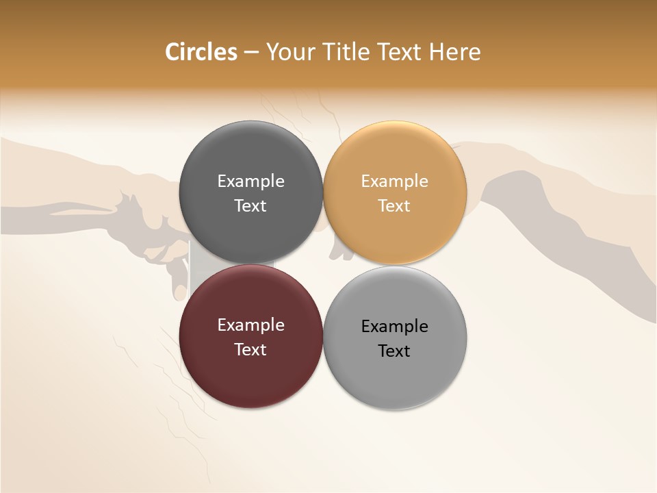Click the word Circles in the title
[x=201, y=52]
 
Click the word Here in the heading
[x=454, y=52]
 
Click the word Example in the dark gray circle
[x=250, y=181]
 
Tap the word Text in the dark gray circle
[x=250, y=206]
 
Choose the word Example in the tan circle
[x=394, y=181]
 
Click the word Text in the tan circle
[x=394, y=206]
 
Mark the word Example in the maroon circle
[x=250, y=325]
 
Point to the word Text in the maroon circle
[x=250, y=350]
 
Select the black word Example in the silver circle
[x=394, y=327]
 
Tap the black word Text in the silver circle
[x=394, y=351]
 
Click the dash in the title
[x=250, y=53]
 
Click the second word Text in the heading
[x=398, y=52]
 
